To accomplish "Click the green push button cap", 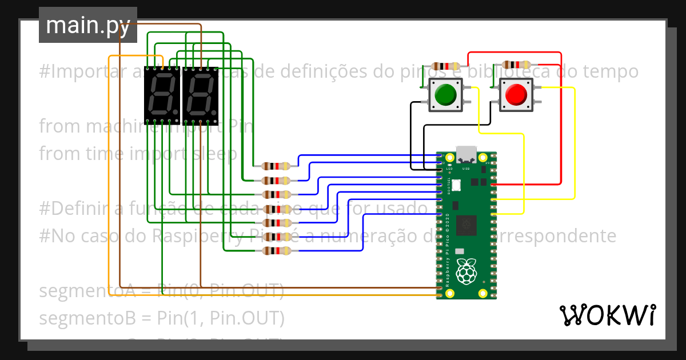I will pos(445,94).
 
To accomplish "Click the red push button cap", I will pos(516,94).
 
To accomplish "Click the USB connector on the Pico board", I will pos(466,154).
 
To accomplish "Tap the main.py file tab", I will pos(88,25).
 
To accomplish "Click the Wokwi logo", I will pos(607,315).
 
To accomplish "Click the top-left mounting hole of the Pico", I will pos(450,158).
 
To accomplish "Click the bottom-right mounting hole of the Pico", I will pos(483,294).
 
